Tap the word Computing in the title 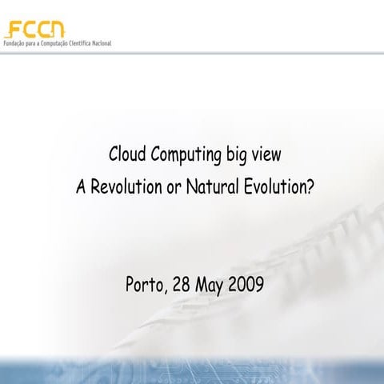pyautogui.click(x=182, y=155)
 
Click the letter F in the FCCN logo pyautogui.click(x=12, y=30)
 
